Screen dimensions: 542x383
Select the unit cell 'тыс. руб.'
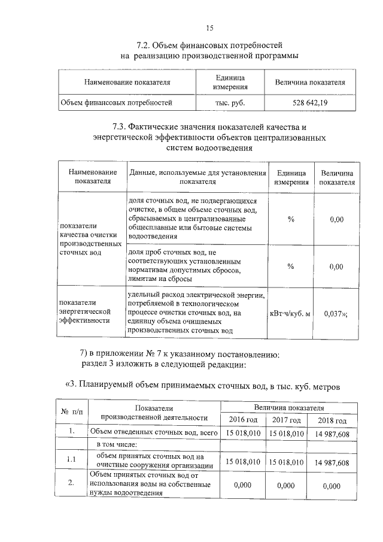click(x=230, y=103)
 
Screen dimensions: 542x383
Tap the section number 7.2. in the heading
click(x=144, y=45)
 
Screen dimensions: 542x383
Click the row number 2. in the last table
click(x=71, y=485)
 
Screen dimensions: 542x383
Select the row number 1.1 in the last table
click(x=71, y=459)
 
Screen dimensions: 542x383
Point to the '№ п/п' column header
click(x=71, y=413)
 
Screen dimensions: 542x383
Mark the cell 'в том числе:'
click(x=117, y=445)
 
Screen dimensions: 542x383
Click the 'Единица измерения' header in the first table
click(x=230, y=82)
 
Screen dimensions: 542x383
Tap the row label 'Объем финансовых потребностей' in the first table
click(x=117, y=103)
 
